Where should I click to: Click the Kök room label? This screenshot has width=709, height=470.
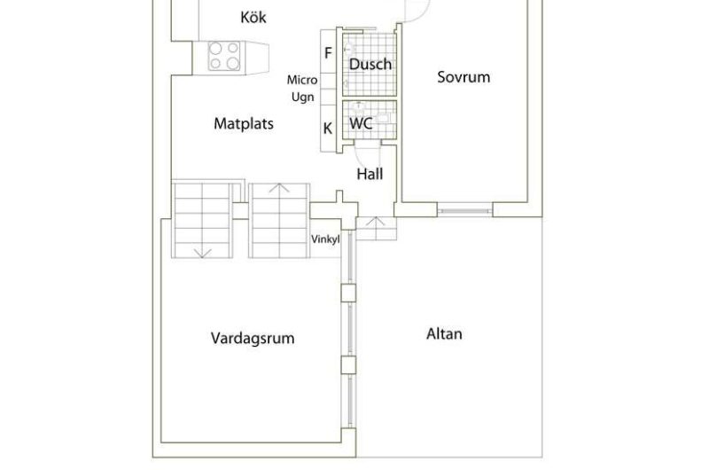click(x=253, y=17)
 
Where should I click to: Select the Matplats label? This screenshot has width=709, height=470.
click(x=244, y=124)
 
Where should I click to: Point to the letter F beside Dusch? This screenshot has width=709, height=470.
click(x=328, y=53)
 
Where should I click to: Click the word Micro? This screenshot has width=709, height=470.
click(x=302, y=80)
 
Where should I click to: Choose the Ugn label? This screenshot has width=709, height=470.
click(x=303, y=97)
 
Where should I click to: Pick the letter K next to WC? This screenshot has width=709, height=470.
click(x=328, y=129)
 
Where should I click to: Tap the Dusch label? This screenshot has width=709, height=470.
click(x=370, y=65)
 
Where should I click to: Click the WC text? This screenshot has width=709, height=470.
click(x=361, y=123)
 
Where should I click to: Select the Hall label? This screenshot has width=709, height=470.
click(x=370, y=174)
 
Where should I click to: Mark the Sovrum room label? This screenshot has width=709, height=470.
click(x=464, y=77)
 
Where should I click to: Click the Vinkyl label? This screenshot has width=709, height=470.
click(x=325, y=239)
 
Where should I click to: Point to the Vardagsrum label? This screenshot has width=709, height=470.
click(x=253, y=338)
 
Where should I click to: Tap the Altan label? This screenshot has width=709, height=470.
click(x=444, y=334)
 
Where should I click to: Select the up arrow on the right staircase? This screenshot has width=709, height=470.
click(x=280, y=188)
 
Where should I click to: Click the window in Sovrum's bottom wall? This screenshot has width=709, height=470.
click(x=464, y=211)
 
